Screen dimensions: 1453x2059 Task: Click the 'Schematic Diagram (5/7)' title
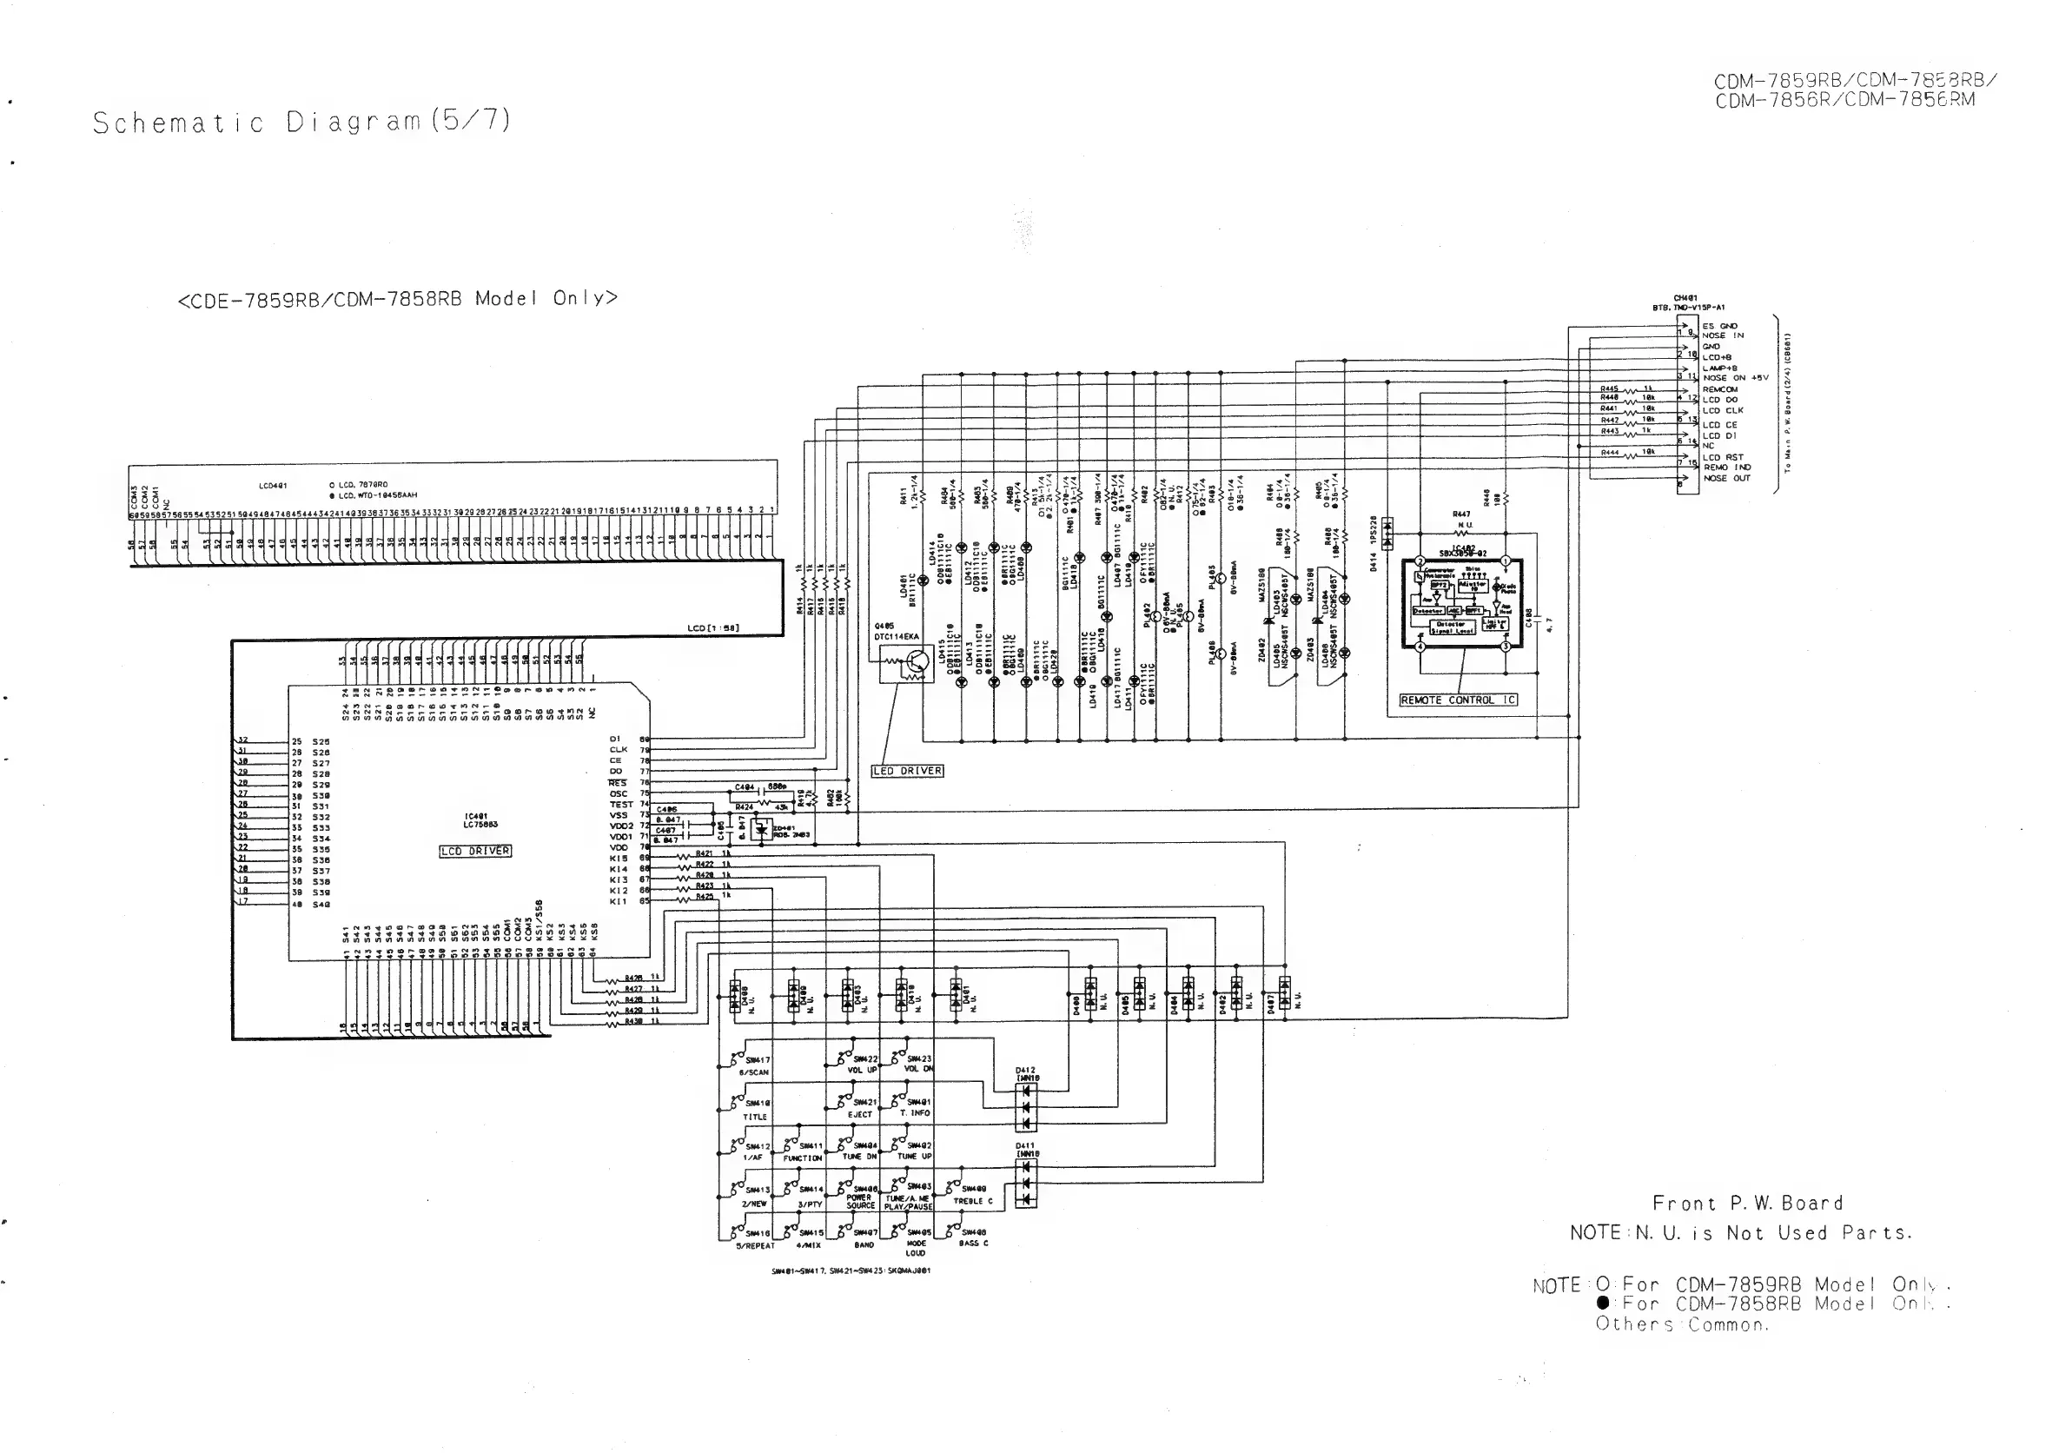[x=301, y=122]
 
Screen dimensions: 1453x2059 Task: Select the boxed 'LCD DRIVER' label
[x=475, y=851]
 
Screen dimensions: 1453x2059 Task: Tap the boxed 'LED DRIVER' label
[x=908, y=771]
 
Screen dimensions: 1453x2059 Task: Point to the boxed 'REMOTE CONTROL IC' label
[x=1458, y=700]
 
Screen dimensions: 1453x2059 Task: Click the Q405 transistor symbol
[x=913, y=665]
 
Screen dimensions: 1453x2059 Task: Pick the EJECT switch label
[x=859, y=1114]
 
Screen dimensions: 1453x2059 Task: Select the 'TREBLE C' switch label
[x=972, y=1201]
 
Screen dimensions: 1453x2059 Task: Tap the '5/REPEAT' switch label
[x=755, y=1246]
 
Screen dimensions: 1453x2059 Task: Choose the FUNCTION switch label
[x=802, y=1158]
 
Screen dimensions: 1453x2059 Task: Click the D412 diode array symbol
[x=1026, y=1107]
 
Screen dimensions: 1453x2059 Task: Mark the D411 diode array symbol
[x=1026, y=1183]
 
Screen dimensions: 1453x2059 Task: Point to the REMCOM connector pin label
[x=1720, y=389]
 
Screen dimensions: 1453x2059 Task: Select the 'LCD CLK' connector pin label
[x=1723, y=411]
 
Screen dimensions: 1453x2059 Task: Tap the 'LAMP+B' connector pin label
[x=1719, y=368]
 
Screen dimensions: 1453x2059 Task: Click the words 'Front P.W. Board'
[x=1747, y=1204]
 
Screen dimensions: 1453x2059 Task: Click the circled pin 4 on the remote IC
[x=1420, y=646]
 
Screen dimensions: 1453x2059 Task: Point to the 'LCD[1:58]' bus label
[x=713, y=627]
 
